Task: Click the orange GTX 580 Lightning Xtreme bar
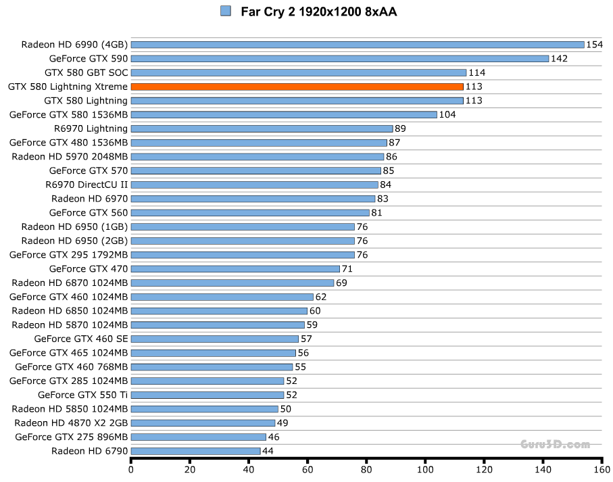297,87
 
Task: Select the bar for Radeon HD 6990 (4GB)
357,45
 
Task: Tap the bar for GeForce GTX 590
339,59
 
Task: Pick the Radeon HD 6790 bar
195,451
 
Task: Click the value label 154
594,45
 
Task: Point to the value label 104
447,115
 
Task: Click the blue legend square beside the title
226,11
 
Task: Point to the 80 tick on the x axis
366,469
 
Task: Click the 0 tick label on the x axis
131,469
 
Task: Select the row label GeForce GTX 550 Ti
82,395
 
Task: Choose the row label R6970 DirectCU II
87,185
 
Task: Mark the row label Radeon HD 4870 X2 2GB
71,423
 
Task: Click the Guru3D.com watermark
555,444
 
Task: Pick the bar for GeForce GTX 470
235,268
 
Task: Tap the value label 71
347,268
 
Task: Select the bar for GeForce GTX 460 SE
214,339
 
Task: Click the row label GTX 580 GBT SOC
86,72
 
